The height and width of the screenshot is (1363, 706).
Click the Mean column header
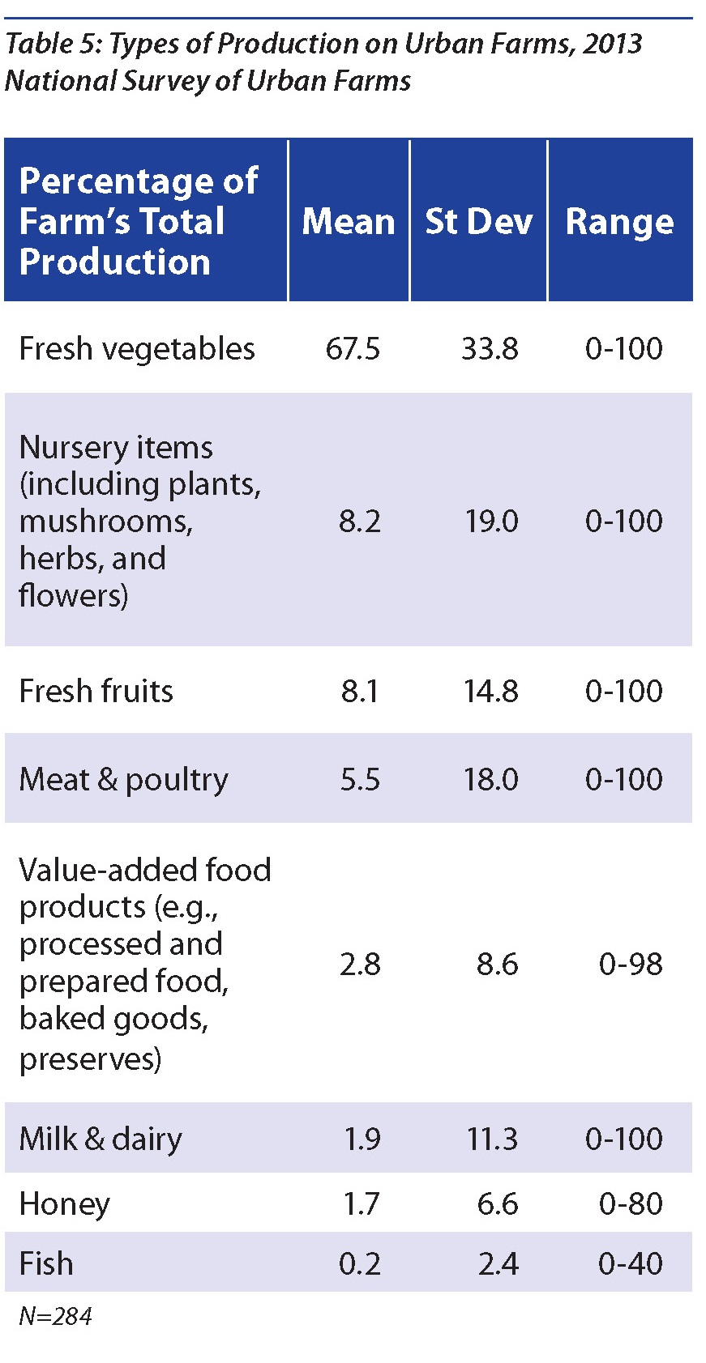pos(349,221)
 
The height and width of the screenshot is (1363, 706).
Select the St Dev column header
pos(478,221)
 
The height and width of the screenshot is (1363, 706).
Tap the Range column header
pos(619,221)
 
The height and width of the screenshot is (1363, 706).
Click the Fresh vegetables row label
pos(137,348)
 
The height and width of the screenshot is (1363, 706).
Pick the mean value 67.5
pos(353,348)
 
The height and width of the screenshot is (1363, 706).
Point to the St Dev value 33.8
pos(490,348)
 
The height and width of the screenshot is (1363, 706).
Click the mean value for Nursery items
pos(360,521)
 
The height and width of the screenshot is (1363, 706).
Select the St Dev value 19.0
pos(491,521)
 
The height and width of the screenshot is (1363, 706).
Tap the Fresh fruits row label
pos(96,691)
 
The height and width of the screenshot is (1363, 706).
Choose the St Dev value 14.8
pos(491,691)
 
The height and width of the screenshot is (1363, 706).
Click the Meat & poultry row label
pos(123,779)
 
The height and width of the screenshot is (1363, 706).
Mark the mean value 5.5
pos(360,779)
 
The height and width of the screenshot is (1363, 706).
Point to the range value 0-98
pos(631,964)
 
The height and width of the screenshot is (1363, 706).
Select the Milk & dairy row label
pos(101,1139)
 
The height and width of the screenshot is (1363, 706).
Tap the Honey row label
pos(64,1204)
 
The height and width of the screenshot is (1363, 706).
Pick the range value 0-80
pos(631,1204)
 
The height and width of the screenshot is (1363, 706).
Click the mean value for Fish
pos(360,1263)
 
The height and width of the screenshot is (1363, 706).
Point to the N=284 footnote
pos(55,1316)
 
